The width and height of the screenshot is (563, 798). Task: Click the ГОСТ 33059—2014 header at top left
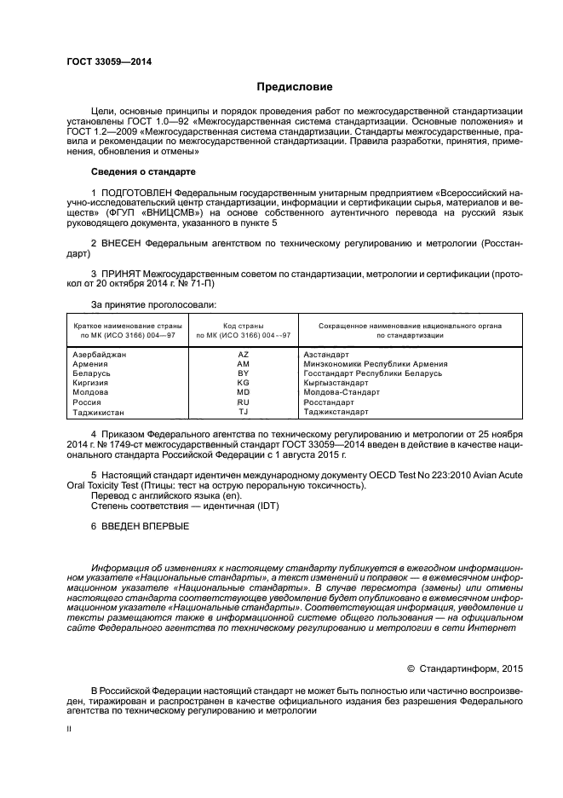click(x=103, y=61)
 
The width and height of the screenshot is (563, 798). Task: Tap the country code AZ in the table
click(x=244, y=354)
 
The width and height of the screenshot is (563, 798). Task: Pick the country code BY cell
click(x=244, y=373)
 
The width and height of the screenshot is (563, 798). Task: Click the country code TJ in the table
click(x=244, y=412)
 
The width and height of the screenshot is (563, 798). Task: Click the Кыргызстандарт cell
click(x=336, y=383)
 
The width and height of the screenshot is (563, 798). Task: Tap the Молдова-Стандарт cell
click(x=342, y=393)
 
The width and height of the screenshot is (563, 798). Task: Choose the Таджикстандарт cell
click(x=336, y=412)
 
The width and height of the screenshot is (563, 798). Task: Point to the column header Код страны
click(x=244, y=326)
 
